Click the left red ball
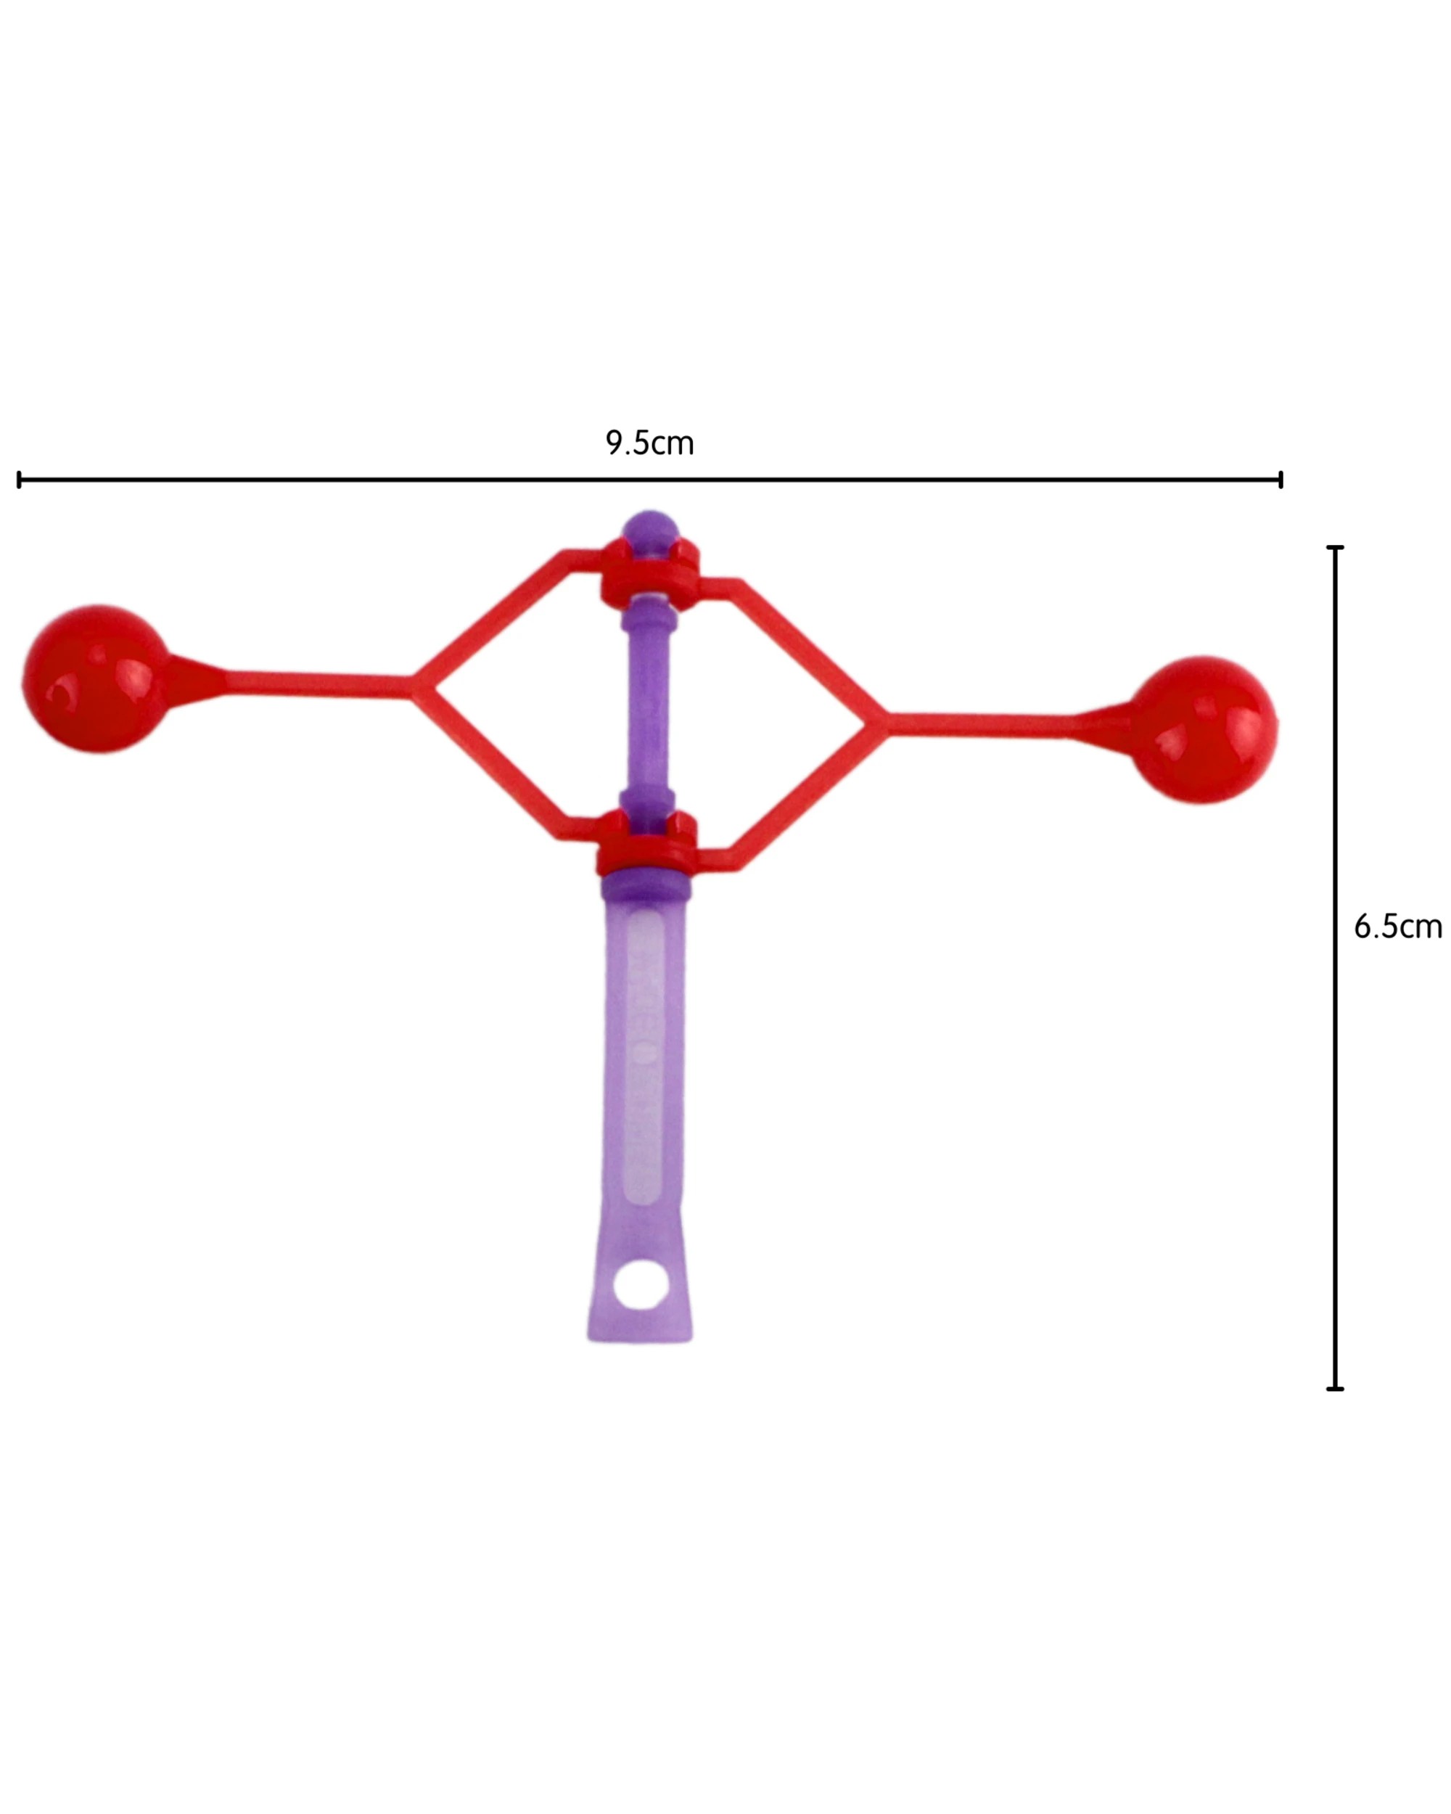coord(95,678)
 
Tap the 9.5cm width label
coord(649,443)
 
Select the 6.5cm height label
coord(1397,927)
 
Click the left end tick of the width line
coord(19,480)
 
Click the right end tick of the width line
coord(1281,480)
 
